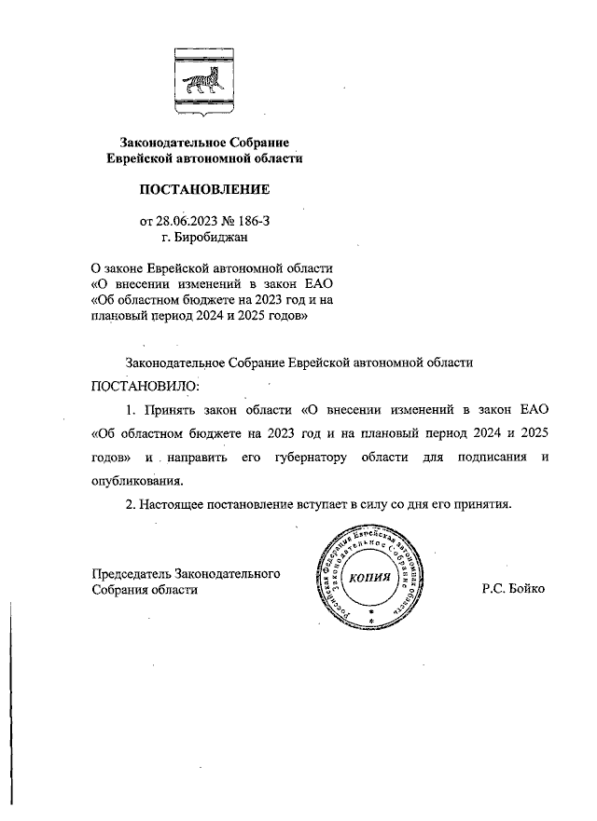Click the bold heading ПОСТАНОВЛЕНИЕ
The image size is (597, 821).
[x=204, y=190]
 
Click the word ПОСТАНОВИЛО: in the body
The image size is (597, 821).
[x=145, y=385]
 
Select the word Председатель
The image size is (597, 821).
[x=131, y=573]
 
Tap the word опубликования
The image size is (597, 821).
[x=137, y=482]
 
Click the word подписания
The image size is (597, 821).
[x=489, y=458]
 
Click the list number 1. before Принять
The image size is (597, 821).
[x=132, y=409]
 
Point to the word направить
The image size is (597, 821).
[x=201, y=458]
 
